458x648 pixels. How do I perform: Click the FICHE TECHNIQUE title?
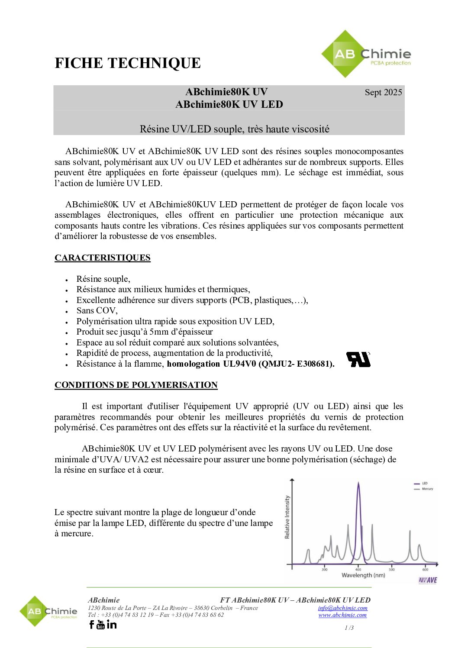pos(128,63)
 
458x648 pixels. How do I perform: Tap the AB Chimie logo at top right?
pos(366,55)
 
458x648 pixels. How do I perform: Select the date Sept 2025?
pos(383,92)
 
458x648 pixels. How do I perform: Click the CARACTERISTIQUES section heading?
pos(103,258)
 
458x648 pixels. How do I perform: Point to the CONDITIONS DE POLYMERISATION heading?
pos(136,385)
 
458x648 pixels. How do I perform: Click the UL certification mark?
pos(358,359)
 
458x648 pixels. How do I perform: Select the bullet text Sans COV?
pos(97,311)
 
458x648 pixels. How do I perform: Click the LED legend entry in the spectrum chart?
pos(424,484)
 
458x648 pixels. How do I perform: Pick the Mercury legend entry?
pos(427,489)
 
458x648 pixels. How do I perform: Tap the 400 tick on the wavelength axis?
pos(358,570)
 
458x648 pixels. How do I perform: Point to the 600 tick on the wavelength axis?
pos(426,570)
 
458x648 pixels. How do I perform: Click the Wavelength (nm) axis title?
pos(363,575)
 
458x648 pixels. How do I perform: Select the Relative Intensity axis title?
pos(287,517)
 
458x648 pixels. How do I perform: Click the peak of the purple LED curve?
pos(358,484)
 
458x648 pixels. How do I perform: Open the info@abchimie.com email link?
pos(342,608)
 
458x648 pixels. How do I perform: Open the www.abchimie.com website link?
pos(342,615)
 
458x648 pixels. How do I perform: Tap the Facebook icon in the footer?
pos(91,625)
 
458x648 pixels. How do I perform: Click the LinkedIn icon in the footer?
pos(112,625)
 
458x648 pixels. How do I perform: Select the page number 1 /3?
pos(349,628)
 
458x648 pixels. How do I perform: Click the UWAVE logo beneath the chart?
pos(427,580)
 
